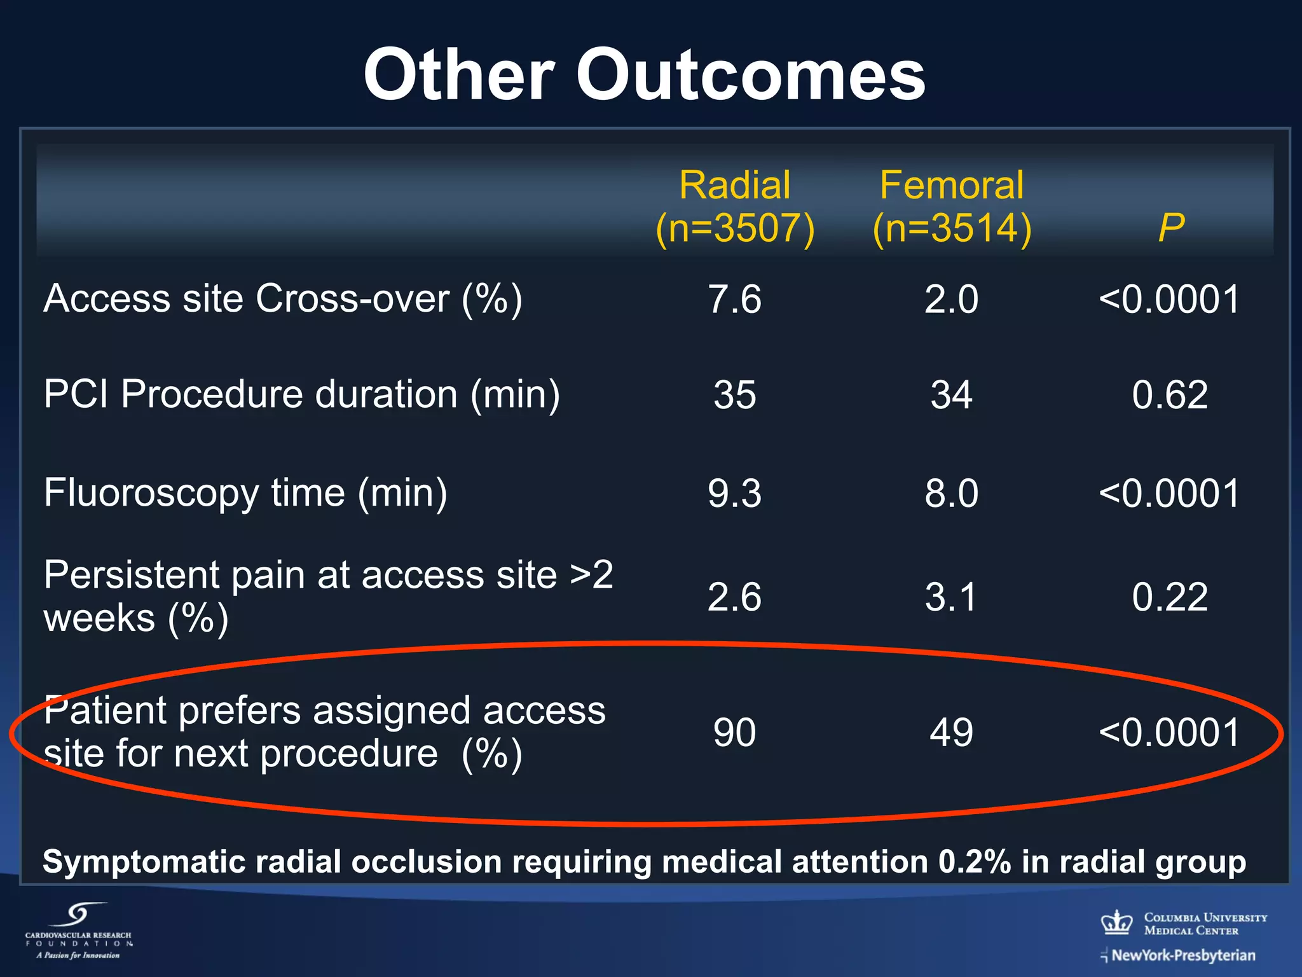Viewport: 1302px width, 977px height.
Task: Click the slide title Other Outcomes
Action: pos(644,75)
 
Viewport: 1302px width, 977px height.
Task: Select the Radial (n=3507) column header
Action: pos(735,207)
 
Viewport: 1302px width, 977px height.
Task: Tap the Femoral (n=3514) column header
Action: pos(952,207)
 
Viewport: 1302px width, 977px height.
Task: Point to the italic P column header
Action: pos(1170,227)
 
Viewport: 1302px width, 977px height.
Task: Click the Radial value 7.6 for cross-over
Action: pos(734,299)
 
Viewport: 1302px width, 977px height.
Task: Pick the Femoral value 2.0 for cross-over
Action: pos(951,299)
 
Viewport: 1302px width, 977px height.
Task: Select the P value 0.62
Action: pos(1170,394)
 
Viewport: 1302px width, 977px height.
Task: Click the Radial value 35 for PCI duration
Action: pos(734,394)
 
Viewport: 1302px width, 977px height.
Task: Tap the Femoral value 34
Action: pos(951,394)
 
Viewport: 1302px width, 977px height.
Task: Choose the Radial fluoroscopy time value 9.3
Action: pos(734,493)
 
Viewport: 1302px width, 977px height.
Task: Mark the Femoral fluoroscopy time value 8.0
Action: pos(951,493)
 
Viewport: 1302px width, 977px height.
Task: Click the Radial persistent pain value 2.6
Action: pos(734,597)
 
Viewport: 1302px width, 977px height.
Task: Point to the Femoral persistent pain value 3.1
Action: pos(951,597)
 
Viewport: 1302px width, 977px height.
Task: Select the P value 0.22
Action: pos(1170,597)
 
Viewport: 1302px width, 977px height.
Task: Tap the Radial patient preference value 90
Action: pos(734,732)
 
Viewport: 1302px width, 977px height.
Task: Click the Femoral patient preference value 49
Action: pos(951,732)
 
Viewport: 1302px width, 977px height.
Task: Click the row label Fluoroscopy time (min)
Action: pos(245,493)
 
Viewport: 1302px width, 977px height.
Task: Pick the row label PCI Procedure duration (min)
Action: pos(301,394)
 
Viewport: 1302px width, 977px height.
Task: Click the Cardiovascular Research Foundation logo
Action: pos(79,931)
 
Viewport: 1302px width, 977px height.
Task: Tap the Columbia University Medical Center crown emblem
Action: pos(1117,922)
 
